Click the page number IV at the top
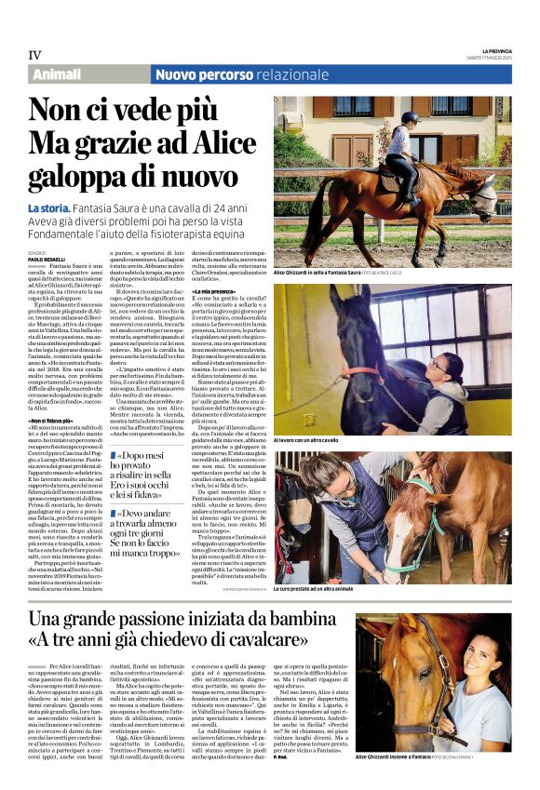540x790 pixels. pos(35,54)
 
